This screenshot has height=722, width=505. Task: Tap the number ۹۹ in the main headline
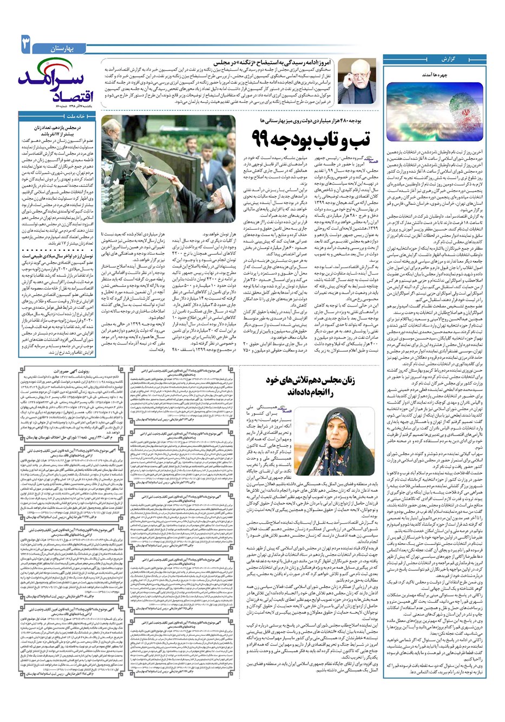[x=265, y=138]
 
